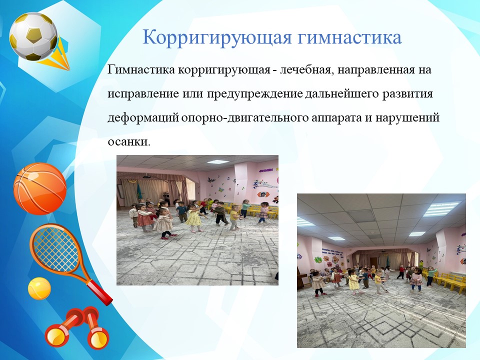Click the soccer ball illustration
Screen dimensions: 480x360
33,36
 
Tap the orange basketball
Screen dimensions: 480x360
40,188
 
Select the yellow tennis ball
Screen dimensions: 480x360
39,288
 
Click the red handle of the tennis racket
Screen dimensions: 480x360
98,292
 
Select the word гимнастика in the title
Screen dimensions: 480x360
349,37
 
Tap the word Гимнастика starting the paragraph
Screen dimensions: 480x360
141,69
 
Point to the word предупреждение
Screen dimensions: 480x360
255,94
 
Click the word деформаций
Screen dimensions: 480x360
143,118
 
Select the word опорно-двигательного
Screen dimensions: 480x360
245,118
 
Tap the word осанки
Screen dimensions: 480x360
129,142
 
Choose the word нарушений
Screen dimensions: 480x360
407,118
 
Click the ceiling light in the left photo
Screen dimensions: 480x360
217,162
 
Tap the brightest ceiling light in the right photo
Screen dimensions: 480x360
441,209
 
